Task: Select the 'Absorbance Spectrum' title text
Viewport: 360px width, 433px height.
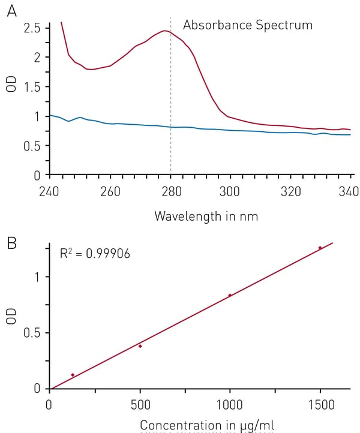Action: pos(248,25)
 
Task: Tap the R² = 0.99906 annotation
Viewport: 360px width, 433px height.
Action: pos(95,254)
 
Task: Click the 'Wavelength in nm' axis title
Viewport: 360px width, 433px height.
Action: pos(206,215)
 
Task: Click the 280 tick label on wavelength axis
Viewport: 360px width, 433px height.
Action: pos(171,193)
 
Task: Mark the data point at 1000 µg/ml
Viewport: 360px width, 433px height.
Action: pos(230,295)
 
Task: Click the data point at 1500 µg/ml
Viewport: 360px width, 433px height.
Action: pos(320,248)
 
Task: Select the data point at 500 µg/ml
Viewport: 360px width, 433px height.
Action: pos(140,346)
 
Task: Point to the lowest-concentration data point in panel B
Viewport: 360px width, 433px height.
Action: pos(73,375)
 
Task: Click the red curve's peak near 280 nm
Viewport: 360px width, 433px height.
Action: pos(164,31)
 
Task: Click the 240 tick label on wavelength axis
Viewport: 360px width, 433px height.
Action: pos(50,193)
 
